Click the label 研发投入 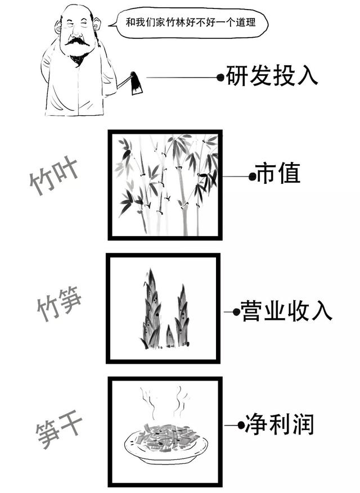272,75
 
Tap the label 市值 278,175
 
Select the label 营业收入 286,311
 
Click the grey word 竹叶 54,177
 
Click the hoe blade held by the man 136,83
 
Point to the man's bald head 76,11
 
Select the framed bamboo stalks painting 165,185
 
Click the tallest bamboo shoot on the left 151,310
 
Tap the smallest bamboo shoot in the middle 170,336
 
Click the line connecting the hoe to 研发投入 180,78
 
